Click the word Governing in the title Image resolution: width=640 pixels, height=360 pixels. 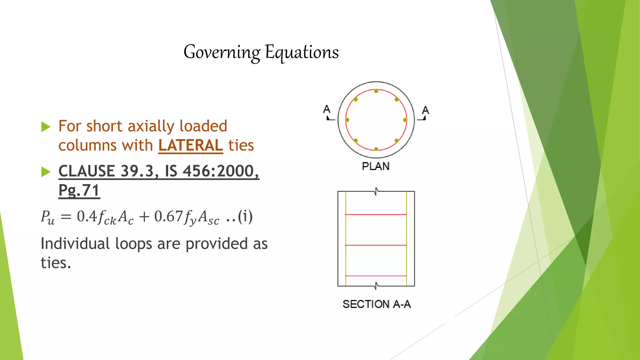pyautogui.click(x=222, y=52)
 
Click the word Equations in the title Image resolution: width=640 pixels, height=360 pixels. pyautogui.click(x=302, y=52)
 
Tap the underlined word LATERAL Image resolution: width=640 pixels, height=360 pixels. pyautogui.click(x=191, y=145)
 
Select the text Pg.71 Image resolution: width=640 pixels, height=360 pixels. pyautogui.click(x=79, y=190)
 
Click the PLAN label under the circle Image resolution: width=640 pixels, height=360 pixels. pyautogui.click(x=376, y=166)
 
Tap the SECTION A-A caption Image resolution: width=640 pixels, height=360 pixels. pyautogui.click(x=377, y=304)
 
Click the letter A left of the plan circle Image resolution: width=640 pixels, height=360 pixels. pyautogui.click(x=327, y=109)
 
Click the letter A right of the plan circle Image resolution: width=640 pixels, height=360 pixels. pyautogui.click(x=426, y=110)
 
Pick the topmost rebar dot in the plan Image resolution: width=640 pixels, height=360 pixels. pyautogui.click(x=376, y=91)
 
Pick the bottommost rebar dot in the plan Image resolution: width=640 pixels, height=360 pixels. pyautogui.click(x=376, y=149)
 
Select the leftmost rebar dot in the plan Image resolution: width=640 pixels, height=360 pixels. pyautogui.click(x=347, y=120)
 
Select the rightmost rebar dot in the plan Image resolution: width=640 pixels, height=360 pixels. pyautogui.click(x=405, y=120)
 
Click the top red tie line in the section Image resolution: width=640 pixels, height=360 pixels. pyautogui.click(x=376, y=215)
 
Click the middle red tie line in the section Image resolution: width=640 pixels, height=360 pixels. pyautogui.click(x=376, y=245)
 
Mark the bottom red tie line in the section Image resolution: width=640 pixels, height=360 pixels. pyautogui.click(x=376, y=276)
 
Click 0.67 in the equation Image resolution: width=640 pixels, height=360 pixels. pyautogui.click(x=168, y=217)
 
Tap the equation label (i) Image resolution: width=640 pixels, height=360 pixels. pyautogui.click(x=245, y=217)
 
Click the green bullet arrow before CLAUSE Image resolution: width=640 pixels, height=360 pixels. pyautogui.click(x=46, y=172)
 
